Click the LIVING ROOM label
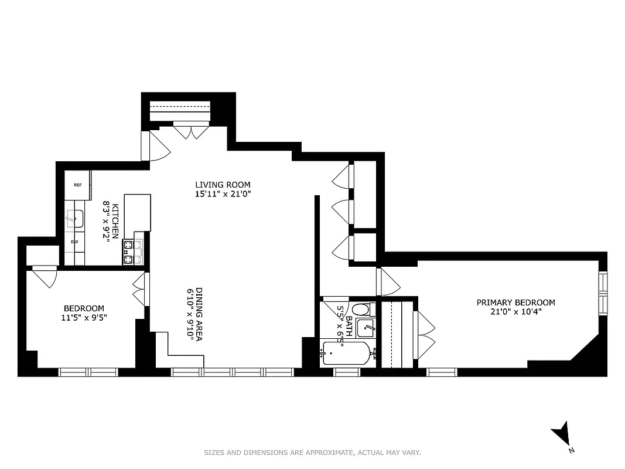click(x=223, y=185)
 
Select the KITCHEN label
click(x=115, y=221)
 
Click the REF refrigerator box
click(x=77, y=185)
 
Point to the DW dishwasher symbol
click(x=74, y=242)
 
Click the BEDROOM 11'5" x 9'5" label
click(x=84, y=312)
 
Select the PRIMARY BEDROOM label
click(x=515, y=303)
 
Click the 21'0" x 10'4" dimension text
click(x=515, y=312)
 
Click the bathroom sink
click(x=366, y=328)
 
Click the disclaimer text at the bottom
click(x=312, y=453)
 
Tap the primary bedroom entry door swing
click(x=388, y=282)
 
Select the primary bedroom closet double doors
click(x=424, y=335)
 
